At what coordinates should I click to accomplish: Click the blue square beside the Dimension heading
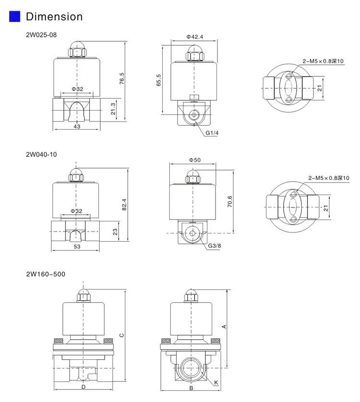pos(15,17)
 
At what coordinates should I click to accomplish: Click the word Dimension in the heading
pos(54,17)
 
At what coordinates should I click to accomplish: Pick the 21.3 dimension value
pos(112,109)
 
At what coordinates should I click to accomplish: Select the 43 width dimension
pos(77,126)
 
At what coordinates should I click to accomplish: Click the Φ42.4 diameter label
pos(195,37)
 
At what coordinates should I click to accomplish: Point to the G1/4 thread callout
pos(212,133)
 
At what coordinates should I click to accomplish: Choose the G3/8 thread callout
pos(215,246)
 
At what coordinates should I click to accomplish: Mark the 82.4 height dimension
pos(125,204)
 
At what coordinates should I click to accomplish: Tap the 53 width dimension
pos(77,246)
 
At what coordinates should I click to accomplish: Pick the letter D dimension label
pos(83,387)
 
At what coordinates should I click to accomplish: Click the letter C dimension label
pos(122,335)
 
